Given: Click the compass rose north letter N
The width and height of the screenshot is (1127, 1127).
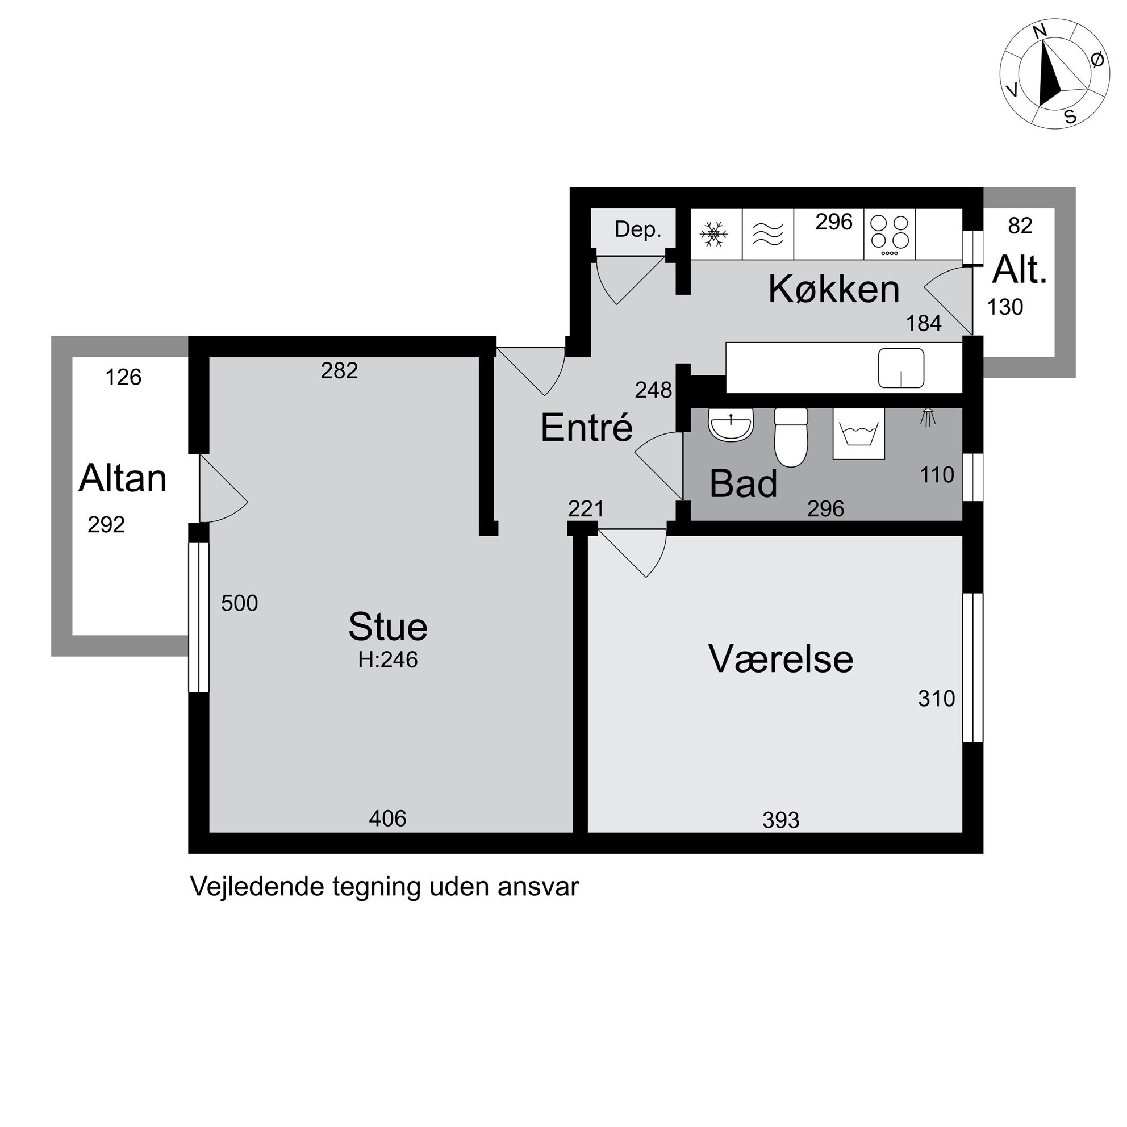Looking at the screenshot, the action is click(x=1040, y=31).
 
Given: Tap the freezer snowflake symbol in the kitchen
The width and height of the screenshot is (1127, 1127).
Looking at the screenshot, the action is click(x=714, y=234).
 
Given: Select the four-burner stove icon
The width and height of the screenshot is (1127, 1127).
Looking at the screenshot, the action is click(x=890, y=235).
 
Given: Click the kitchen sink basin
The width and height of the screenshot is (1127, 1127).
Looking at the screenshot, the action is click(x=901, y=368).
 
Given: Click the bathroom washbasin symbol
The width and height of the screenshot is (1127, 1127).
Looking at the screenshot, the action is click(x=731, y=424).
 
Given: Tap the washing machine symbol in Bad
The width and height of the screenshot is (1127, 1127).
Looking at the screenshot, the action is click(x=858, y=433).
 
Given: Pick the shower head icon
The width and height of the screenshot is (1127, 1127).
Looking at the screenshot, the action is click(x=928, y=418).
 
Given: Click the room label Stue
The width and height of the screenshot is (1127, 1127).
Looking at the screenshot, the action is click(x=388, y=627).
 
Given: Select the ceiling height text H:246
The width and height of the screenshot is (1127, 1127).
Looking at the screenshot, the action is click(x=388, y=659).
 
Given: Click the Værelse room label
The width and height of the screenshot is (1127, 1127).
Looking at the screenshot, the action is click(x=780, y=658).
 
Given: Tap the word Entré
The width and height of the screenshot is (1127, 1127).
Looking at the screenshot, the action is click(x=586, y=427).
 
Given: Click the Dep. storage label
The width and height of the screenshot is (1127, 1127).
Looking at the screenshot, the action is click(x=637, y=230).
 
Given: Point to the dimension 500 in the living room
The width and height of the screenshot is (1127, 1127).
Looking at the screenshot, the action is click(x=239, y=603).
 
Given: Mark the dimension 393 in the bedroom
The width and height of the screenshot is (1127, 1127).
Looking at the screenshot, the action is click(x=780, y=821).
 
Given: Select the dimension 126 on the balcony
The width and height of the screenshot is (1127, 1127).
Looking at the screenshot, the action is click(x=123, y=377).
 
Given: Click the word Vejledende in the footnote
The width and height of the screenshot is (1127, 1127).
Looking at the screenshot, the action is click(x=257, y=887).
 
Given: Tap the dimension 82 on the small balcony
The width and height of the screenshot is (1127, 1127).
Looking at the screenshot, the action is click(x=1020, y=226).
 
